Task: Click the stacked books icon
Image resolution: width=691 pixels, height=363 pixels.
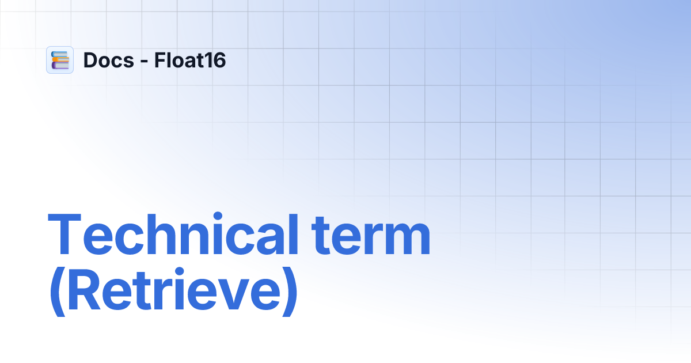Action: tap(60, 60)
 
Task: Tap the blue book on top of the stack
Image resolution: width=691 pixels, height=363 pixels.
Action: tap(60, 54)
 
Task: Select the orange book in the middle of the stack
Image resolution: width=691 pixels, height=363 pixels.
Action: tap(60, 60)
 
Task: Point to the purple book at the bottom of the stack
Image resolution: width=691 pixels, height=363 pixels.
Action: tap(60, 66)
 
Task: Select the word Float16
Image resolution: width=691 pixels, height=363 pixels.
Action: tap(189, 60)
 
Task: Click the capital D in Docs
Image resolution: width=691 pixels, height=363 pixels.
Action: tap(90, 60)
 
